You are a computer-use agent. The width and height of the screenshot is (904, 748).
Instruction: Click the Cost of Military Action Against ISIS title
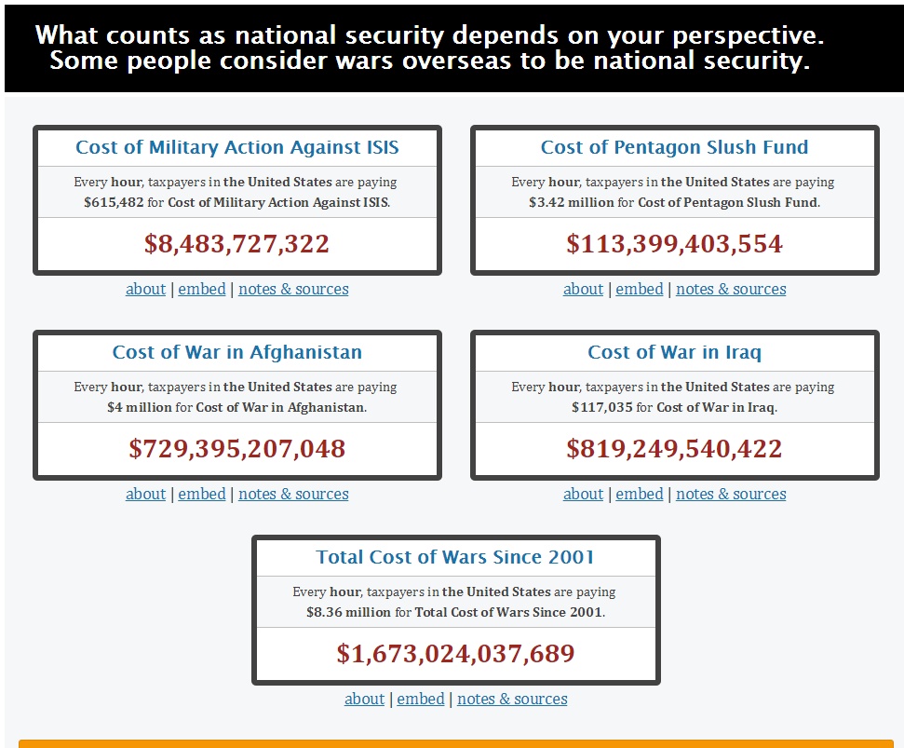(236, 147)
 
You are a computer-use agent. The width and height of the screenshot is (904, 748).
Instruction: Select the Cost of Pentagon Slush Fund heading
(674, 147)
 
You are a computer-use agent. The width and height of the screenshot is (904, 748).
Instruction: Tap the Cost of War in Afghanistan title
(236, 352)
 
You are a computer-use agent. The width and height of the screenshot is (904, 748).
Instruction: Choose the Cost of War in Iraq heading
(674, 352)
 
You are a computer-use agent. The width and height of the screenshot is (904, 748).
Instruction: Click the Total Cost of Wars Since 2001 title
(455, 557)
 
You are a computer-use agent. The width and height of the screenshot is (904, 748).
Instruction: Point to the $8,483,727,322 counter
(236, 244)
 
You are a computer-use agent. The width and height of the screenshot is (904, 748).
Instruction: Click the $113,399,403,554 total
(674, 244)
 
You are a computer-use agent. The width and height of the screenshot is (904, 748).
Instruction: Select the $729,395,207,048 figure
(236, 449)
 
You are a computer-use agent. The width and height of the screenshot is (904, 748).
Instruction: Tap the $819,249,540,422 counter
(674, 449)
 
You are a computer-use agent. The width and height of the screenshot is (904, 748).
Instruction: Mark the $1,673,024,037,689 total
(455, 654)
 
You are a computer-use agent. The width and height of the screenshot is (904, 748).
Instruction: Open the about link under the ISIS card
(145, 289)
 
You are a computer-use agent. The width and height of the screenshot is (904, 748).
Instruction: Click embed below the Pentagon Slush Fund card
(640, 289)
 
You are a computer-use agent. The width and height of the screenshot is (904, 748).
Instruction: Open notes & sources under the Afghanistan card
(293, 494)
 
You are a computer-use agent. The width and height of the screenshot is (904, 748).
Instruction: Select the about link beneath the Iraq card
(583, 494)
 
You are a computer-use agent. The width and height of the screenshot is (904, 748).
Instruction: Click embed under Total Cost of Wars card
(421, 699)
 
